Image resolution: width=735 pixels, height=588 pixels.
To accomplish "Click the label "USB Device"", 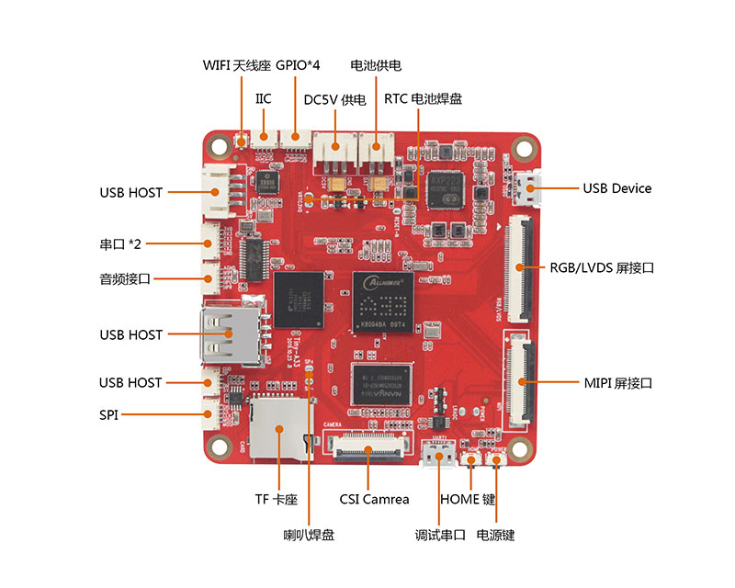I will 616,188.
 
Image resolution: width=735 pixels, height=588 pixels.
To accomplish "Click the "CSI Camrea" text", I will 374,499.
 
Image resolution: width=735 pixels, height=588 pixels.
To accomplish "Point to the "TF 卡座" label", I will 277,500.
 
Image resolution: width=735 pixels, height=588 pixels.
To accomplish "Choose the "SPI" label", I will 109,415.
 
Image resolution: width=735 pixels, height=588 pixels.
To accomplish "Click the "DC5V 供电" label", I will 334,99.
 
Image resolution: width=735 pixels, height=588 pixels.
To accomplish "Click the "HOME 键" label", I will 468,499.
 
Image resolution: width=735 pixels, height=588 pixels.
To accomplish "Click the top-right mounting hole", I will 524,145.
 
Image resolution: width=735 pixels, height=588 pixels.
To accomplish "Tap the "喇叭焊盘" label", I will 309,535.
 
